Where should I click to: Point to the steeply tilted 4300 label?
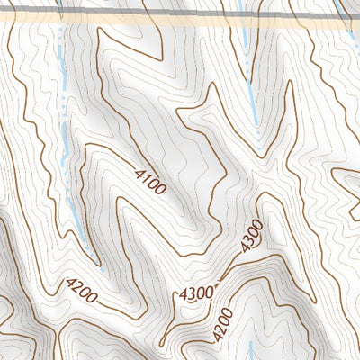pyautogui.click(x=252, y=236)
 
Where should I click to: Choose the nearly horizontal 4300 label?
pyautogui.click(x=197, y=292)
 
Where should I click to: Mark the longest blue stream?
pyautogui.click(x=65, y=135)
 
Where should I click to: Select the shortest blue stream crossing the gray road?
pyautogui.click(x=340, y=9)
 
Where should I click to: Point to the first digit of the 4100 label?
pyautogui.click(x=140, y=171)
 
